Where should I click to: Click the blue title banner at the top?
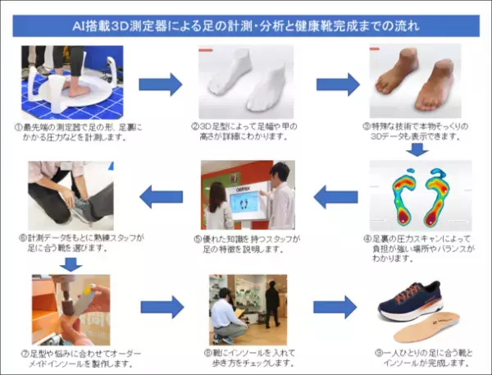pyautogui.click(x=246, y=25)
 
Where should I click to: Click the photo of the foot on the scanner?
pyautogui.click(x=72, y=82)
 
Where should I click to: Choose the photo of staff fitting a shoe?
pyautogui.click(x=70, y=195)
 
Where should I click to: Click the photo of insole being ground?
pyautogui.click(x=70, y=308)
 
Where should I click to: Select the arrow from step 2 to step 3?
pyautogui.click(x=337, y=84)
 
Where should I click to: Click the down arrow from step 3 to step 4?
pyautogui.click(x=417, y=148)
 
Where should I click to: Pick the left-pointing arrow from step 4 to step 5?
pyautogui.click(x=336, y=197)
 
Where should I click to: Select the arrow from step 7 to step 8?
pyautogui.click(x=162, y=308)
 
